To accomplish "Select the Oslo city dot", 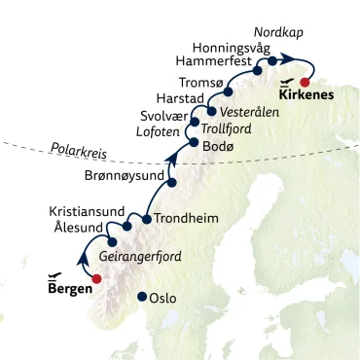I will [x=142, y=297].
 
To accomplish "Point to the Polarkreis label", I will [x=75, y=152].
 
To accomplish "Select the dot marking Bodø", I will [x=193, y=144].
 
